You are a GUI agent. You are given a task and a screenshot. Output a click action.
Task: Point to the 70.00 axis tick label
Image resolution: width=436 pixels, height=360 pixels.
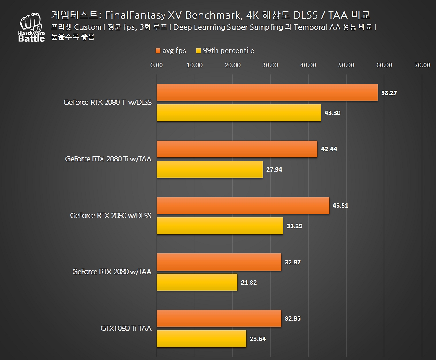click(x=422, y=65)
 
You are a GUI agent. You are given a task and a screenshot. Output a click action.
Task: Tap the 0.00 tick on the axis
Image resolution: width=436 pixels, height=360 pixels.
click(x=157, y=65)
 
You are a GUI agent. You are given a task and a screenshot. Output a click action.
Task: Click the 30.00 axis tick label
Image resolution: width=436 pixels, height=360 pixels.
click(x=270, y=65)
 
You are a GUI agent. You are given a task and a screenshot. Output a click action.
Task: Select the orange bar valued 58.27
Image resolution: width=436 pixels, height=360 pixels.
click(x=267, y=92)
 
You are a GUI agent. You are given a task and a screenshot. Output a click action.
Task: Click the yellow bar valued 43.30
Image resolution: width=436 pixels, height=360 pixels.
click(x=239, y=113)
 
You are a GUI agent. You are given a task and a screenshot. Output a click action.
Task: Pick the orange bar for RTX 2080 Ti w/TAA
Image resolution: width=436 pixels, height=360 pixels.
click(x=237, y=149)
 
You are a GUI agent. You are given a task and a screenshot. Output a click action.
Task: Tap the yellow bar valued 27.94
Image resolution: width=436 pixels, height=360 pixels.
click(x=210, y=169)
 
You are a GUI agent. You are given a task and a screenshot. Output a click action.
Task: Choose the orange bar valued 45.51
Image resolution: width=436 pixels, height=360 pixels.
click(x=243, y=206)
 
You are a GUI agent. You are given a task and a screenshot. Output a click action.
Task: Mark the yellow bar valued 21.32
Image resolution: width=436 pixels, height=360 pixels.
click(x=197, y=283)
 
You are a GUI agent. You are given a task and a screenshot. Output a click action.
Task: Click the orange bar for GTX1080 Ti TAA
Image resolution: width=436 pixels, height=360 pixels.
click(x=219, y=318)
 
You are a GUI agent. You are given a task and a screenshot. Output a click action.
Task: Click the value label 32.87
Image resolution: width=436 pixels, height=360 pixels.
click(x=293, y=262)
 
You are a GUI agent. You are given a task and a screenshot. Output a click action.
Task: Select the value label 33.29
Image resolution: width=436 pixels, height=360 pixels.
click(x=295, y=226)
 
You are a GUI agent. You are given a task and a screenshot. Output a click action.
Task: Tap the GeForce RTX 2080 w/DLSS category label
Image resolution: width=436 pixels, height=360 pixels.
click(x=111, y=216)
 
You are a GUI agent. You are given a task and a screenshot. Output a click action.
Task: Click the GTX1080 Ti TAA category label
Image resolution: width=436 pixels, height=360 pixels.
click(x=126, y=329)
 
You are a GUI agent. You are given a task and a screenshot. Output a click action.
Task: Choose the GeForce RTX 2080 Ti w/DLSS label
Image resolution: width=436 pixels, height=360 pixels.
click(x=107, y=103)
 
